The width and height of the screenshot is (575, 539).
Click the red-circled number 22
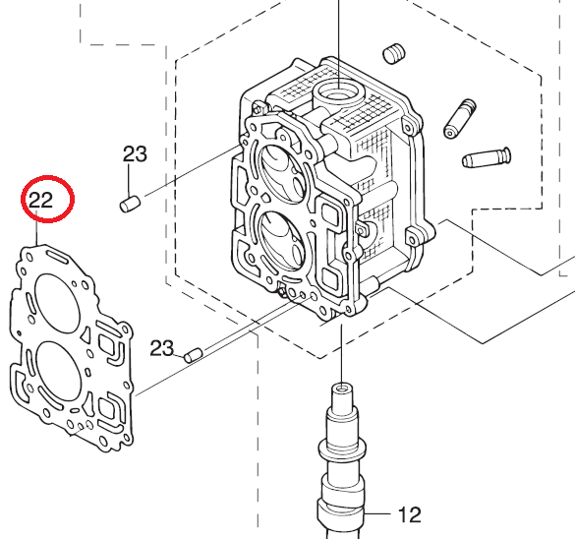click(x=40, y=201)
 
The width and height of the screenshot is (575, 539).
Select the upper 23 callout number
click(x=135, y=154)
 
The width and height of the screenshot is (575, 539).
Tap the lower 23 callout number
click(x=162, y=348)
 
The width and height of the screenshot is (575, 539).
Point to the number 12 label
click(x=410, y=514)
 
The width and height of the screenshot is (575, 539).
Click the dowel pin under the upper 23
click(x=130, y=204)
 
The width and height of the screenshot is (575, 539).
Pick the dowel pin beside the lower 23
click(x=194, y=355)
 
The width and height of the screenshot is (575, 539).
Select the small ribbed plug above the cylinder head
click(x=394, y=54)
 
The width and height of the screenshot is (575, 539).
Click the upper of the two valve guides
click(x=459, y=118)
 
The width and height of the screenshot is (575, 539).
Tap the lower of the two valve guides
click(x=486, y=157)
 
